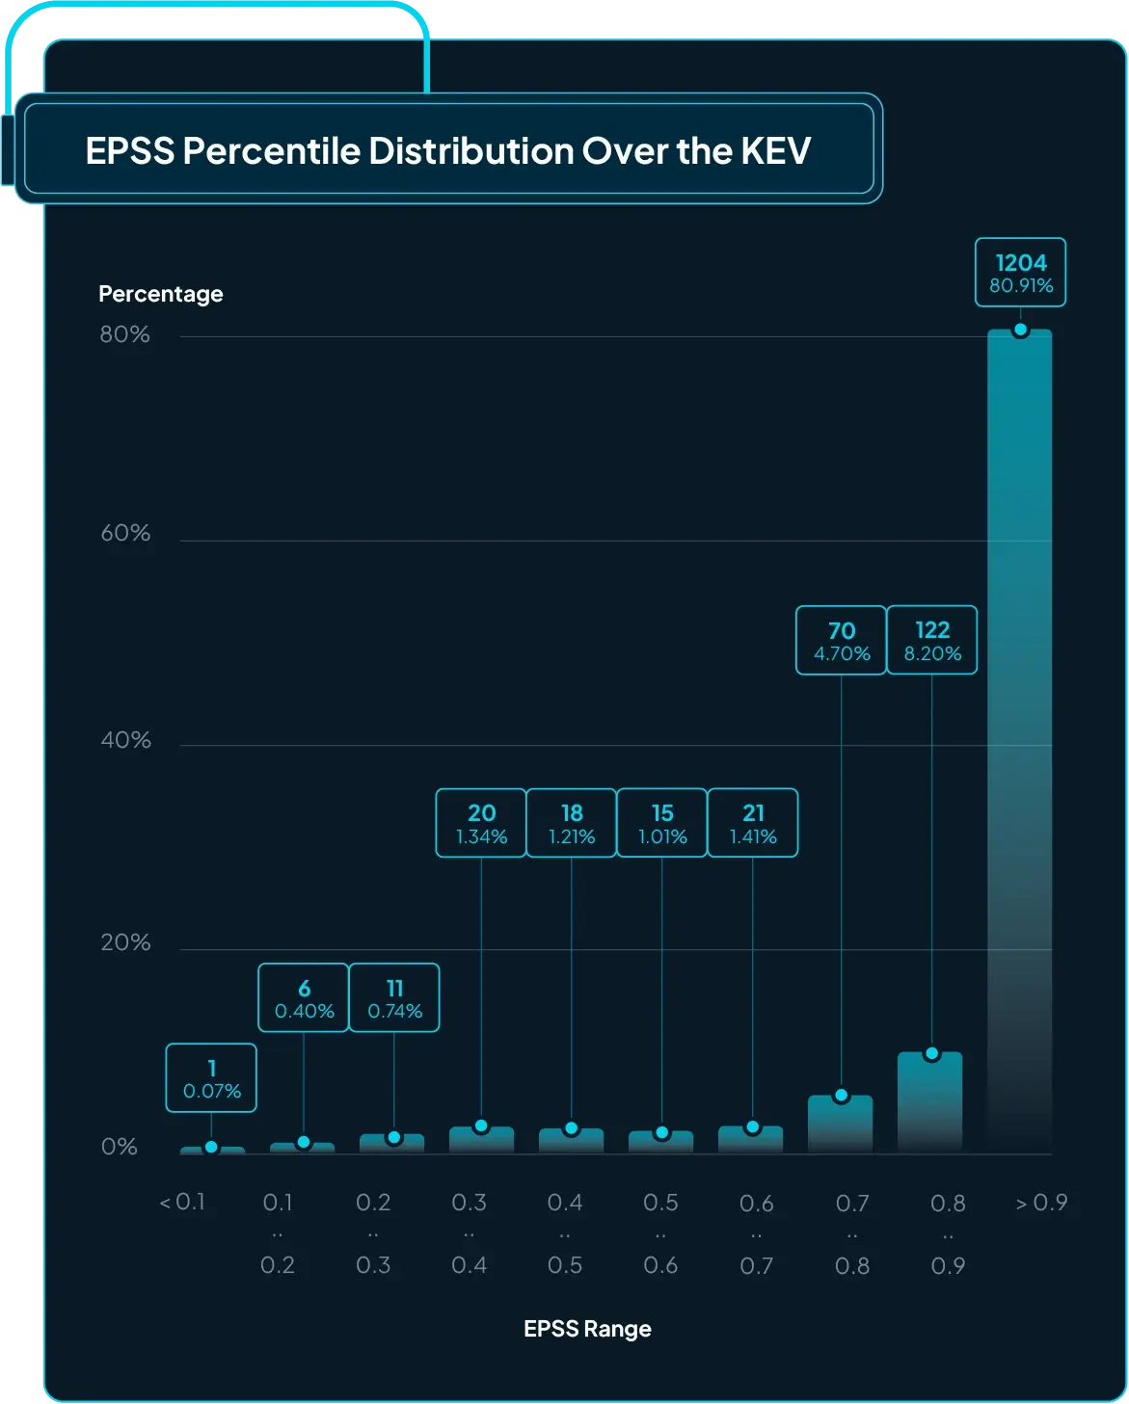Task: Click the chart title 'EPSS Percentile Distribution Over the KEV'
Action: [x=448, y=150]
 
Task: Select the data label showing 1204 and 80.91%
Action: [x=1020, y=273]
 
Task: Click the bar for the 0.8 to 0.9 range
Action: [x=930, y=1103]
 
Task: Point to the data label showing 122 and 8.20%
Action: [x=931, y=641]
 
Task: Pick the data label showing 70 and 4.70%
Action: [x=841, y=641]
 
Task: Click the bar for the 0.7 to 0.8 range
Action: [x=841, y=1125]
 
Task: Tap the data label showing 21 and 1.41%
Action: [x=752, y=823]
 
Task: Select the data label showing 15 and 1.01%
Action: [x=661, y=823]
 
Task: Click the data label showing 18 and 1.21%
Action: [x=572, y=823]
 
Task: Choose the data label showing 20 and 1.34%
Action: [x=481, y=823]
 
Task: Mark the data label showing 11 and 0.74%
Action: [x=394, y=998]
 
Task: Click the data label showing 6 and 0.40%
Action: [x=304, y=998]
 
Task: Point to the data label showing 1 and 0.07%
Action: [x=211, y=1078]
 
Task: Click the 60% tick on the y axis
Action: [x=125, y=533]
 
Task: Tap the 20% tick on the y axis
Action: [x=125, y=942]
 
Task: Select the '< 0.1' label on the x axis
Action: [x=182, y=1203]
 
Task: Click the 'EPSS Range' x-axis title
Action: [x=587, y=1329]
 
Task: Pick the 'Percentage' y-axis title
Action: [x=161, y=294]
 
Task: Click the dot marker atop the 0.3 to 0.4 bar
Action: [x=481, y=1126]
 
